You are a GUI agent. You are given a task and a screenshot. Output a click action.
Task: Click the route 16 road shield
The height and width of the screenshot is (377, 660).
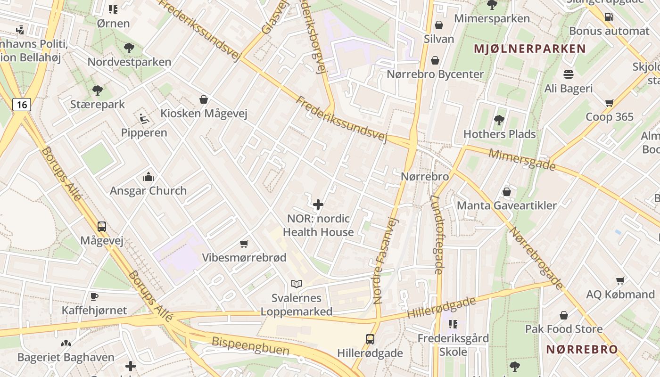coord(22,104)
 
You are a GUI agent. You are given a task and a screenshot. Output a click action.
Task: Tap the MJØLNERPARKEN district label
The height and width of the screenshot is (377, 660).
coord(529,49)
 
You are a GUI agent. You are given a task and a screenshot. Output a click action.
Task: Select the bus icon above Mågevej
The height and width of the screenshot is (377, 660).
coord(101,226)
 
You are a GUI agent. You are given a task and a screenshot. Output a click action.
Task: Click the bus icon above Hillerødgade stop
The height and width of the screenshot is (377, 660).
coord(370,339)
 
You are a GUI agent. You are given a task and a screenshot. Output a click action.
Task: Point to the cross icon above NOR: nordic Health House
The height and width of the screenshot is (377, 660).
coord(318,205)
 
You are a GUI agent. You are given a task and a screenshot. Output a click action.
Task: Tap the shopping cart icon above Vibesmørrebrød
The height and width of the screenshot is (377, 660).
coord(244,244)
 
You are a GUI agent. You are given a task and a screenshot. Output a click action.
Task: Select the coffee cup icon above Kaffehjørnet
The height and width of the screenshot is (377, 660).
coord(94,296)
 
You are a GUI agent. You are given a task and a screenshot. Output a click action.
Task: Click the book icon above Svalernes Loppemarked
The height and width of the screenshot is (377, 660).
coord(296,284)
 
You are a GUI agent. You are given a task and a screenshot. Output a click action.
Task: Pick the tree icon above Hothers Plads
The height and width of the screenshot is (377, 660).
coord(499,120)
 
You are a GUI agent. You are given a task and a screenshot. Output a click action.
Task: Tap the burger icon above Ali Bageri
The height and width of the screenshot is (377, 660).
coord(568,74)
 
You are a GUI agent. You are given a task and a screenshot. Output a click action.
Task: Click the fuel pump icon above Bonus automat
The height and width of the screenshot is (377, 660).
coord(609,16)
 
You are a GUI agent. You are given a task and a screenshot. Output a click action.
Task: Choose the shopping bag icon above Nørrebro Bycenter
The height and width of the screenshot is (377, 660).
coord(435,60)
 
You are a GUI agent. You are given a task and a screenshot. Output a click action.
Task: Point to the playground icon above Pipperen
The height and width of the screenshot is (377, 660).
coord(144,119)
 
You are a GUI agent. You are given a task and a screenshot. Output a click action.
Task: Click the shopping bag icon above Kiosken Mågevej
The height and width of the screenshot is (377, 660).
coord(204,99)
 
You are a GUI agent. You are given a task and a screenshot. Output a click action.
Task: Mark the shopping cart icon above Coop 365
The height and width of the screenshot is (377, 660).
coord(609,103)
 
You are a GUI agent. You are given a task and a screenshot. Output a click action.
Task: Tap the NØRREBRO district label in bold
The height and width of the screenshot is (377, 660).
coord(582,350)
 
